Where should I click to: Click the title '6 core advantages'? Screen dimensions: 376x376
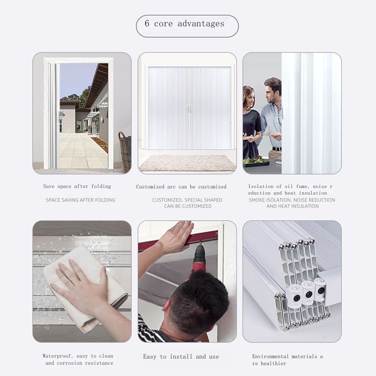(x=184, y=23)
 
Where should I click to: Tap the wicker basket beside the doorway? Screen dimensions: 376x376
(x=125, y=152)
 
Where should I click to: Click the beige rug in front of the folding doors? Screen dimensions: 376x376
(x=187, y=163)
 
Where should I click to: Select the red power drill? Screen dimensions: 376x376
(x=199, y=257)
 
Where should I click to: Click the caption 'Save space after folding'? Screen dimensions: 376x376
(x=77, y=186)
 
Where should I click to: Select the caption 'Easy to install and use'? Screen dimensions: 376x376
(x=181, y=357)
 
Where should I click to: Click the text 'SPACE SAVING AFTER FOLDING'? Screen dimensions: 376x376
(x=80, y=200)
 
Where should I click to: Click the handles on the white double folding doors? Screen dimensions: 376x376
(x=189, y=109)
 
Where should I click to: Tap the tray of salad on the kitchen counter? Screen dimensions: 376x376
(x=256, y=162)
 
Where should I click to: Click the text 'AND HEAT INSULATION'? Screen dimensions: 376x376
(x=292, y=206)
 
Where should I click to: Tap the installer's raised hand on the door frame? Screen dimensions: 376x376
(x=177, y=236)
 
